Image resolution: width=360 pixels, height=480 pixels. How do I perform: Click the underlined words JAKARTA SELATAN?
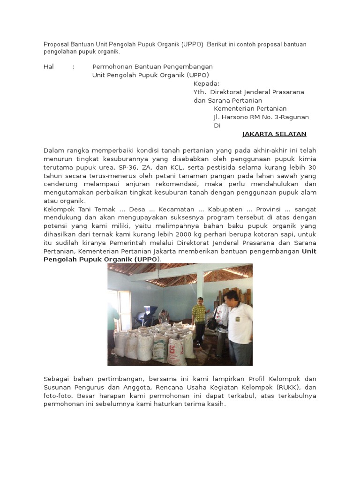[274, 134]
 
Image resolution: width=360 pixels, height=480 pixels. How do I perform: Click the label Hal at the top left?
[49, 67]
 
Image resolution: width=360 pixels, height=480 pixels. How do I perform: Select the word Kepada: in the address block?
[206, 83]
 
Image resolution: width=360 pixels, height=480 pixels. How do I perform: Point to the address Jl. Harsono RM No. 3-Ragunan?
[261, 117]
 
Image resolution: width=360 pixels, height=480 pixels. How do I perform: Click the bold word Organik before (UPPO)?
[117, 260]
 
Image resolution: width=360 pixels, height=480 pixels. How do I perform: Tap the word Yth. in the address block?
[200, 92]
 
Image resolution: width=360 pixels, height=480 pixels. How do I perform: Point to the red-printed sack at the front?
[177, 350]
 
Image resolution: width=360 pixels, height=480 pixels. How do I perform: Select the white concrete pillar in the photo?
[200, 286]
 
